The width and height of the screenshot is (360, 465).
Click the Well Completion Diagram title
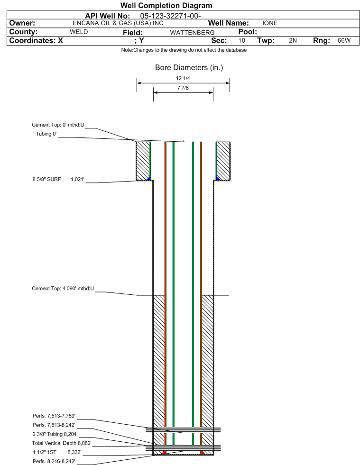tap(166, 5)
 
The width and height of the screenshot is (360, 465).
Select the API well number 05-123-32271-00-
tap(170, 16)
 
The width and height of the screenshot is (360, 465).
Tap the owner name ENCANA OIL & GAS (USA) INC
tap(118, 23)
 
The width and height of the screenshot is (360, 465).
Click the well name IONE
tap(270, 23)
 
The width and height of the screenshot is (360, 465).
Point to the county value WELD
tap(79, 32)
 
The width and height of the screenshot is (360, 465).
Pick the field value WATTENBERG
tap(192, 33)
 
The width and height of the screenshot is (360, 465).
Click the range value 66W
tap(344, 41)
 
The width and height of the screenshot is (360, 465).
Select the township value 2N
tap(293, 41)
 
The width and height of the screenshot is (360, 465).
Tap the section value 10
tap(241, 41)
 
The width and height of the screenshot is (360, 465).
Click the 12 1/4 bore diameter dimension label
tap(183, 78)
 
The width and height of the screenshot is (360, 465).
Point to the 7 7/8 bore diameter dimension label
tap(183, 88)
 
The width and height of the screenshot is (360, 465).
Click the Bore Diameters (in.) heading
tap(189, 68)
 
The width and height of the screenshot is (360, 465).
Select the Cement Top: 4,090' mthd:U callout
tap(63, 289)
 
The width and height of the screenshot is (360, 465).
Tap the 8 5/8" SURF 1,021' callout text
tap(58, 180)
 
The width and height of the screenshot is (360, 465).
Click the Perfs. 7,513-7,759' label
tap(54, 416)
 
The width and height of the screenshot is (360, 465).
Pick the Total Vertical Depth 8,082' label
tap(62, 443)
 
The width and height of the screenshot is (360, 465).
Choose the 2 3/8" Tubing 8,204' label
tap(55, 434)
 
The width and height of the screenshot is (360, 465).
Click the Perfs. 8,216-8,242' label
tap(54, 461)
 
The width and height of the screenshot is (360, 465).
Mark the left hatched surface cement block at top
tap(143, 161)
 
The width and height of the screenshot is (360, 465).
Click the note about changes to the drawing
tap(184, 50)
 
